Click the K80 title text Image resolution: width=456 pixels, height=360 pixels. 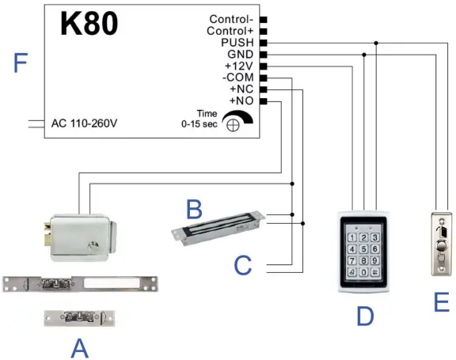tap(89, 23)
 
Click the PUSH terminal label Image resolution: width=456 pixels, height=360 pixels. tap(238, 43)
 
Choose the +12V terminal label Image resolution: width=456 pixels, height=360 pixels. tap(239, 66)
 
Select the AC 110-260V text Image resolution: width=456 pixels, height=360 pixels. tap(84, 123)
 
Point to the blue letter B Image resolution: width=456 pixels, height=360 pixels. tap(194, 210)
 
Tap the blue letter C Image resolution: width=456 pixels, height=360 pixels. tap(243, 266)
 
